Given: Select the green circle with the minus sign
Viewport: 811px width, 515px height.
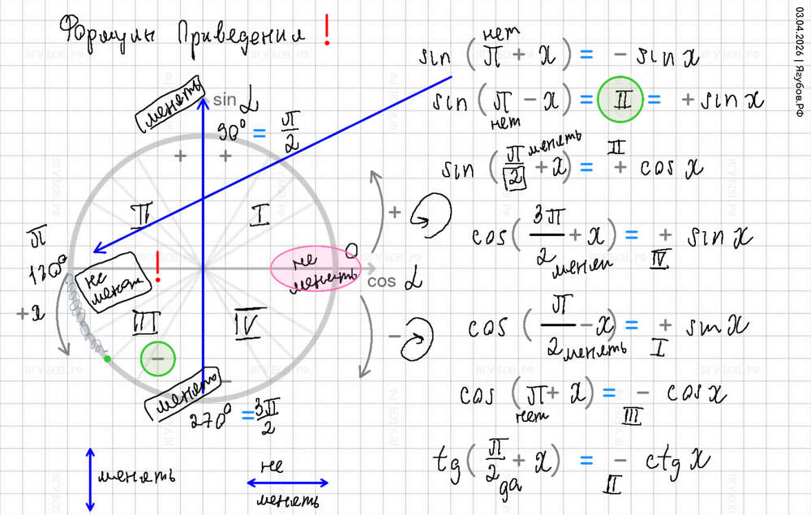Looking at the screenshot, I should click(x=157, y=358).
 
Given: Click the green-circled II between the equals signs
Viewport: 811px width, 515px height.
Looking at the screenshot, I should click(x=620, y=100).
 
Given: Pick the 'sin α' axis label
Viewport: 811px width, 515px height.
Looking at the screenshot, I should click(x=234, y=101).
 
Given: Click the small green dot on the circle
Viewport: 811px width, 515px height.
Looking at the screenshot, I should click(x=107, y=358).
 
